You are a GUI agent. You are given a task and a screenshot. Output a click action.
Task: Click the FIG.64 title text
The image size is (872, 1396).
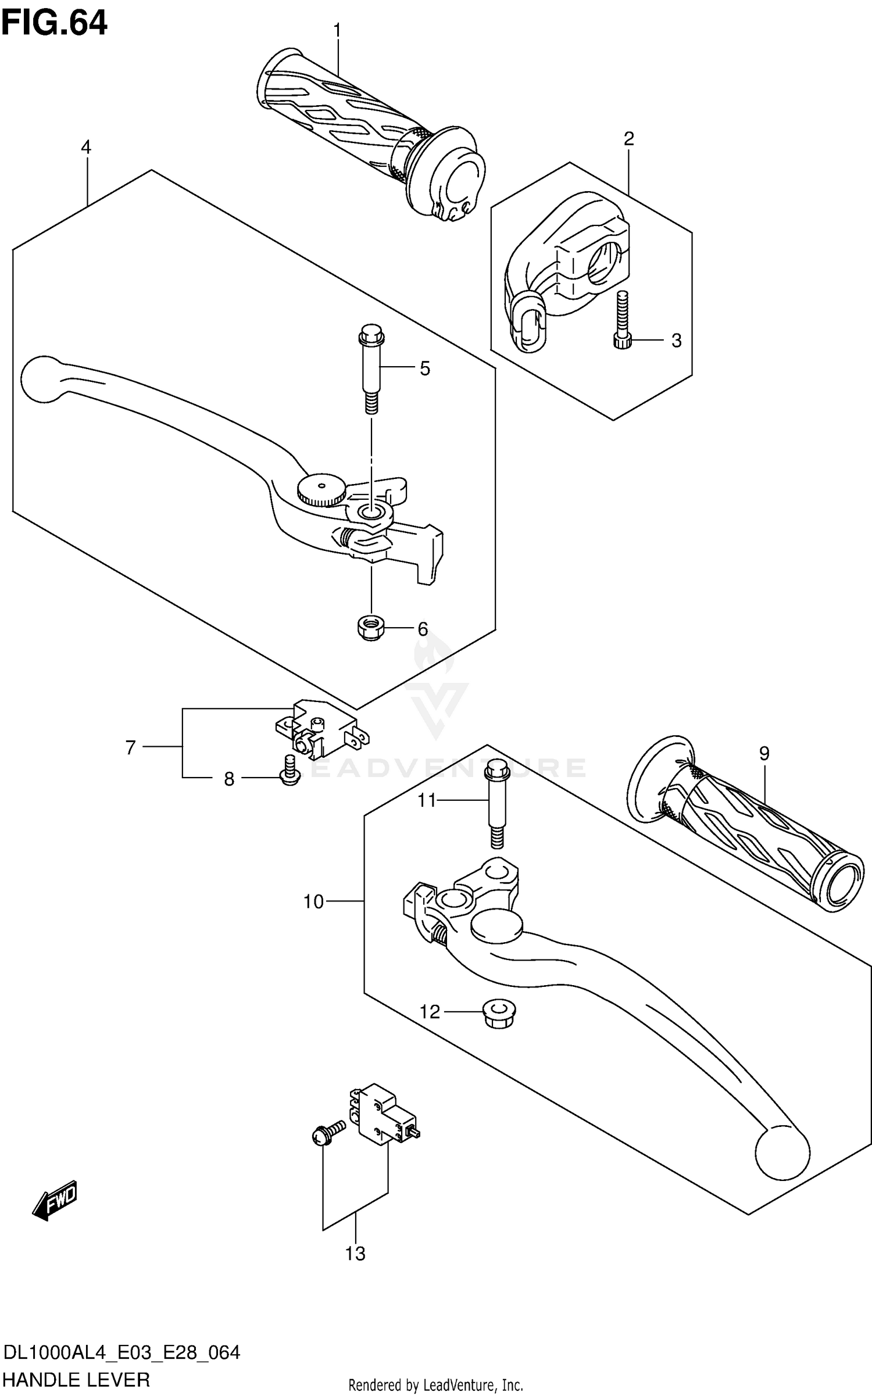(54, 24)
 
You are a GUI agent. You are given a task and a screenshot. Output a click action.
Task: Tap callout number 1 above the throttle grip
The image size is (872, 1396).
(337, 30)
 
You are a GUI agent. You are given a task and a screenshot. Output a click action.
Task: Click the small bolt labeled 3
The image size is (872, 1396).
(621, 323)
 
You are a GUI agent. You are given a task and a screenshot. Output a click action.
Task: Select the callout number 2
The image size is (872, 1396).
(628, 139)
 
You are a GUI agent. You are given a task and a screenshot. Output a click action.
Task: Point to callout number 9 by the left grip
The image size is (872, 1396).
(764, 754)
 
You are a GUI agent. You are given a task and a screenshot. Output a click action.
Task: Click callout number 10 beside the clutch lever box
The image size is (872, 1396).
(313, 901)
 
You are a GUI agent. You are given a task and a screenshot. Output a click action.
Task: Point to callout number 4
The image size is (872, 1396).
(86, 148)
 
